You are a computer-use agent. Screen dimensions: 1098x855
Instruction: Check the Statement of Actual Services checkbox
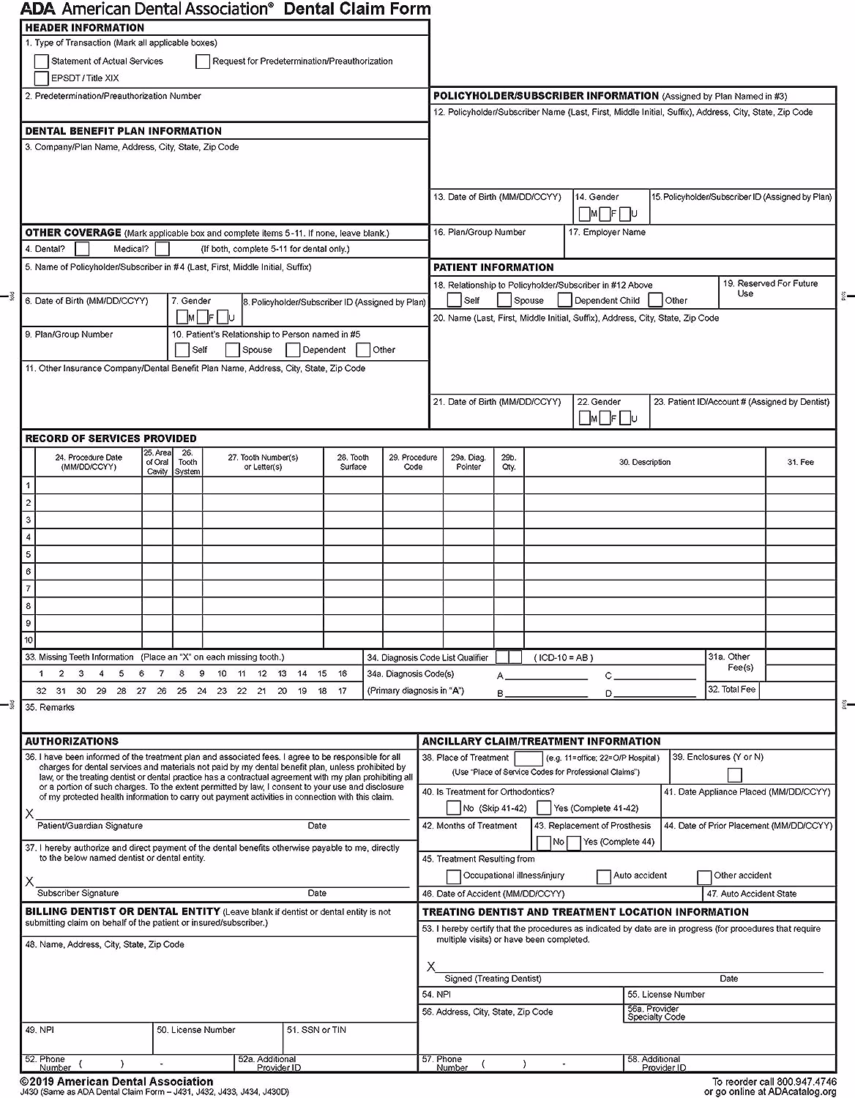click(x=42, y=61)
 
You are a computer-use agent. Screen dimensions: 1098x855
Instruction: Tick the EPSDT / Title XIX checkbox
click(x=42, y=78)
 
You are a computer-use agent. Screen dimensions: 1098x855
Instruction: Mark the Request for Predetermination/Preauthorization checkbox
click(x=203, y=61)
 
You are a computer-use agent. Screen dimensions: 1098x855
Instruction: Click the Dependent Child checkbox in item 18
click(x=564, y=300)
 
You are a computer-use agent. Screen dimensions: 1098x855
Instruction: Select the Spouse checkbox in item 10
click(x=232, y=350)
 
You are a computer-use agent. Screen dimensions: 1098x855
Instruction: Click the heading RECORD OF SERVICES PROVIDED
click(x=111, y=438)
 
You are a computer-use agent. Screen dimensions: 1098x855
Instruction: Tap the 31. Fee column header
click(x=800, y=462)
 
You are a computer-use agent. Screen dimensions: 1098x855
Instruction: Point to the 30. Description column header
click(x=644, y=462)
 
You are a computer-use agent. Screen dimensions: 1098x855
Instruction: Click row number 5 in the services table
click(x=29, y=554)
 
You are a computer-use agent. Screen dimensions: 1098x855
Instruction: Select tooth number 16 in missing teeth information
click(x=342, y=673)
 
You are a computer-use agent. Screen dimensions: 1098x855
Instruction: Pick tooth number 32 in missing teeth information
click(x=41, y=690)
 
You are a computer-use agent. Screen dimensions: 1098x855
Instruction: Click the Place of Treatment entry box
click(x=528, y=758)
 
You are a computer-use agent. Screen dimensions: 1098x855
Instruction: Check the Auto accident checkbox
click(x=603, y=876)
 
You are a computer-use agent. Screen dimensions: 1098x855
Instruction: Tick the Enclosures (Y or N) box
click(x=734, y=775)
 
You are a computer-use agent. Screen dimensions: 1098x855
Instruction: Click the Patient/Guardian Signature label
click(x=90, y=826)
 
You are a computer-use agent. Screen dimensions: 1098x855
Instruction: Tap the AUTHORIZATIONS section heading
click(x=72, y=741)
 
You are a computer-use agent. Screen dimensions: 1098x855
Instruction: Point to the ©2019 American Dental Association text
click(x=117, y=1081)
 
